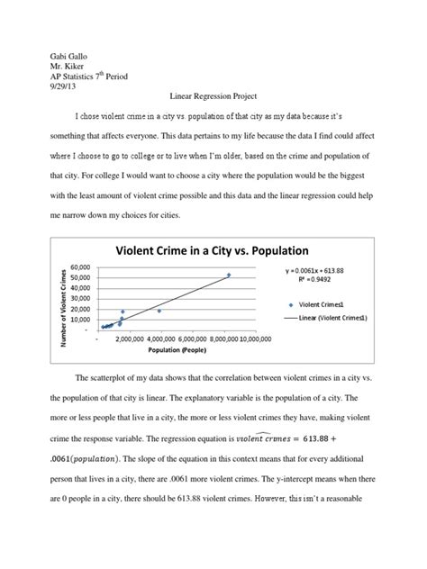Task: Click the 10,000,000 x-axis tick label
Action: point(246,340)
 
